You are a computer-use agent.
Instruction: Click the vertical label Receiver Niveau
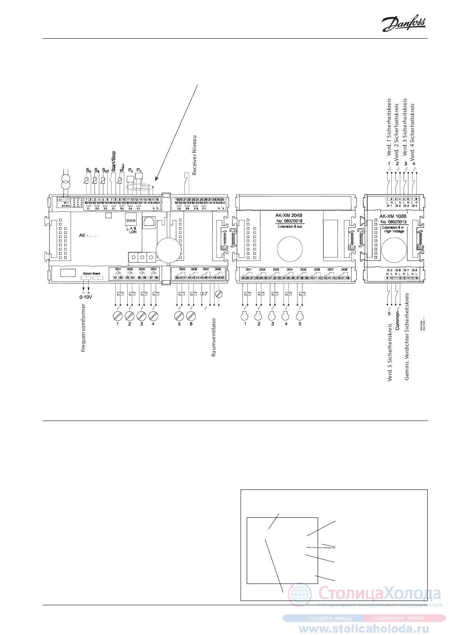click(194, 154)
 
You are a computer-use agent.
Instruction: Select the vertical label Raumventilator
click(214, 337)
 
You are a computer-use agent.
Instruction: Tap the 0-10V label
click(86, 298)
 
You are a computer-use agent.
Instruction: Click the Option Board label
click(90, 273)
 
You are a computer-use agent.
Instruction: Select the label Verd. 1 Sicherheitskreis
click(389, 128)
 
